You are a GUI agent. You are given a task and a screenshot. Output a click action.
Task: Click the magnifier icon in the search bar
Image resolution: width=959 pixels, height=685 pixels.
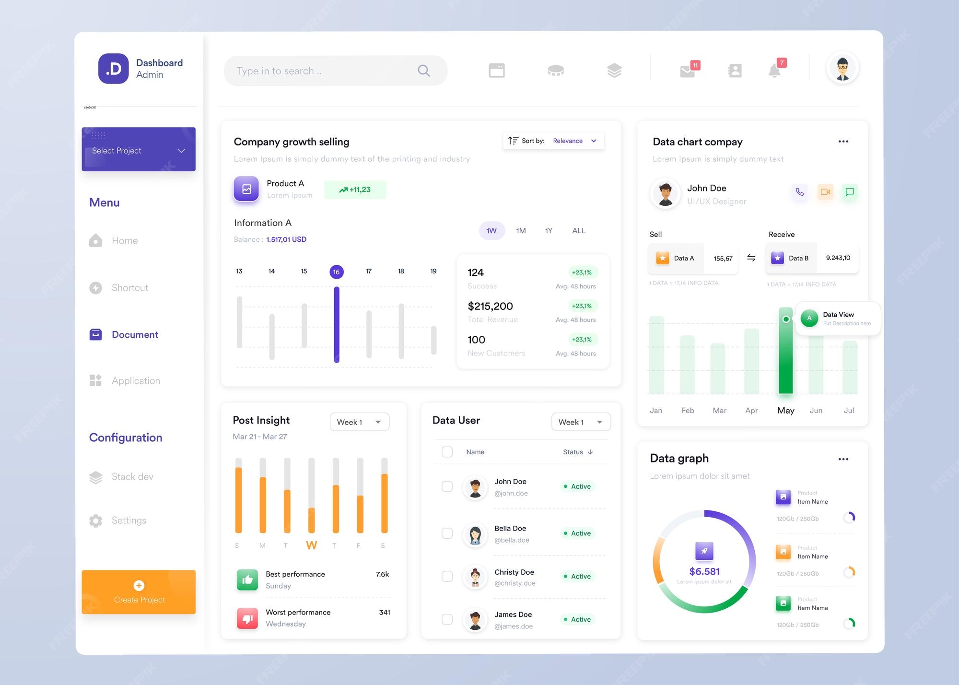(423, 71)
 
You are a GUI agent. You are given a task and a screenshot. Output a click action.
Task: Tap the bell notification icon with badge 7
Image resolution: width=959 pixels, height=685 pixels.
(774, 71)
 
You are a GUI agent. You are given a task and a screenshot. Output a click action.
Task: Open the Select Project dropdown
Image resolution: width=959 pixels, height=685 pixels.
(139, 150)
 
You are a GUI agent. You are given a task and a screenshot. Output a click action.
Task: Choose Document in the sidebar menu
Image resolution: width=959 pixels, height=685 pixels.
(134, 334)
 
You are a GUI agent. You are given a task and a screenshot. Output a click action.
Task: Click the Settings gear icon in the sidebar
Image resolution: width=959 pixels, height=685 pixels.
(96, 520)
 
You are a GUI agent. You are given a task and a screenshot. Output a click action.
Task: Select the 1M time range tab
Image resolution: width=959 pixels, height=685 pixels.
(521, 231)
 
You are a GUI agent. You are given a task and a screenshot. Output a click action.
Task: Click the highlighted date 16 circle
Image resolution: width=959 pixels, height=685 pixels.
(337, 272)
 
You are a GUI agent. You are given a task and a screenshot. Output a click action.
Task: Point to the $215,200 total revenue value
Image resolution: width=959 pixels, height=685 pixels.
(490, 306)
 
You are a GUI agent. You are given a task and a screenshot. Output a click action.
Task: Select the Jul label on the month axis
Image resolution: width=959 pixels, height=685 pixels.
(849, 411)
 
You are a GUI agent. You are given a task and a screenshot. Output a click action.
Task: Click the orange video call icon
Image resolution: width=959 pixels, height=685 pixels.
(825, 192)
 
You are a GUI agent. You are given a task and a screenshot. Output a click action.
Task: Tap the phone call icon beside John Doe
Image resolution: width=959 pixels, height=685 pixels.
(799, 192)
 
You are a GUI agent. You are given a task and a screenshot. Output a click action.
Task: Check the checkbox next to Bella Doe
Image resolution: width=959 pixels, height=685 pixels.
(447, 533)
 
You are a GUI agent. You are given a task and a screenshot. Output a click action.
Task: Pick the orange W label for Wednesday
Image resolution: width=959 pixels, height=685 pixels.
(312, 545)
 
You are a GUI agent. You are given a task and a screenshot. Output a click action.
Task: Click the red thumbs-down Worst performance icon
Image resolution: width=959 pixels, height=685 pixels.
(247, 618)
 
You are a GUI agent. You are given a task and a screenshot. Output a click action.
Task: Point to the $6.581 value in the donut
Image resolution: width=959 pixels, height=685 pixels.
(704, 571)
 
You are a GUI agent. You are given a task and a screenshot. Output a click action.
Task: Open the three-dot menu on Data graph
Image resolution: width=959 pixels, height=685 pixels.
(843, 459)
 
